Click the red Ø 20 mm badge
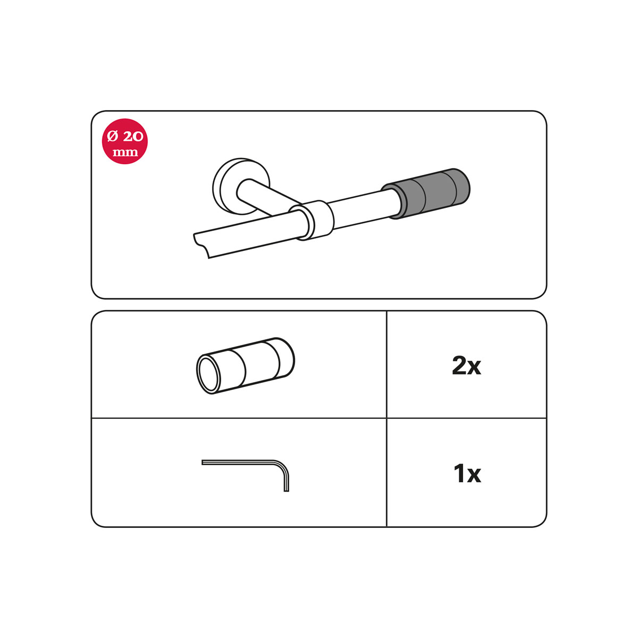(x=124, y=141)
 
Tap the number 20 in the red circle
(x=133, y=136)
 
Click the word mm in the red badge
(x=125, y=152)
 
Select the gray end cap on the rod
(x=426, y=194)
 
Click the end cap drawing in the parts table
(x=245, y=365)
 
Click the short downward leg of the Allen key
(x=287, y=480)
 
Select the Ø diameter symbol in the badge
(x=113, y=137)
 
